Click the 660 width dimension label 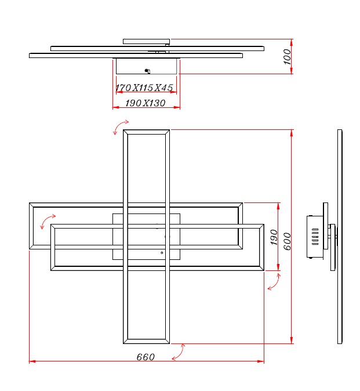pos(146,357)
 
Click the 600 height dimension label pos(288,241)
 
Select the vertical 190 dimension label pos(274,237)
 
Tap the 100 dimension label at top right pos(288,57)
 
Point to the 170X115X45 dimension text pos(144,88)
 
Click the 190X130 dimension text pos(146,103)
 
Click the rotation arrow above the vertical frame pos(121,126)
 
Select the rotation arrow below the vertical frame pos(179,352)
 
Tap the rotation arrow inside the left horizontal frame pos(47,220)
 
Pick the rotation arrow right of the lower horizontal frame pos(275,283)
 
